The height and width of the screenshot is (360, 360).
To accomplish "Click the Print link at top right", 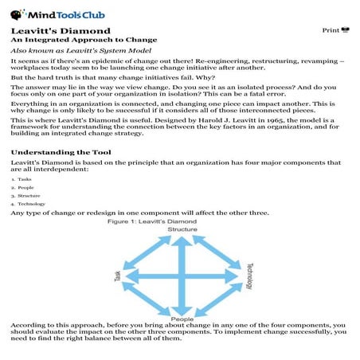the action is click(335, 30).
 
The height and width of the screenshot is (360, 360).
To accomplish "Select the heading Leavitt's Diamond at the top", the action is click(49, 30).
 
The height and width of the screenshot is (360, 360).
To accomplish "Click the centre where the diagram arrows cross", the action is click(182, 276).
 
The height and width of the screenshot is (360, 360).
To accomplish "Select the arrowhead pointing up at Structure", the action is click(182, 238).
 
